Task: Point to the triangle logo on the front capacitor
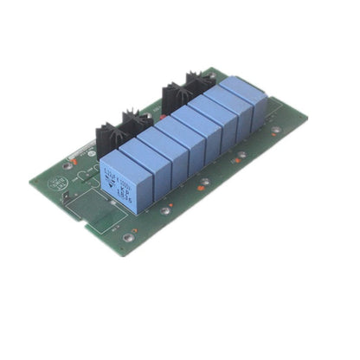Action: pos(110,183)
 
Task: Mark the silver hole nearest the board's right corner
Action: pos(276,131)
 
